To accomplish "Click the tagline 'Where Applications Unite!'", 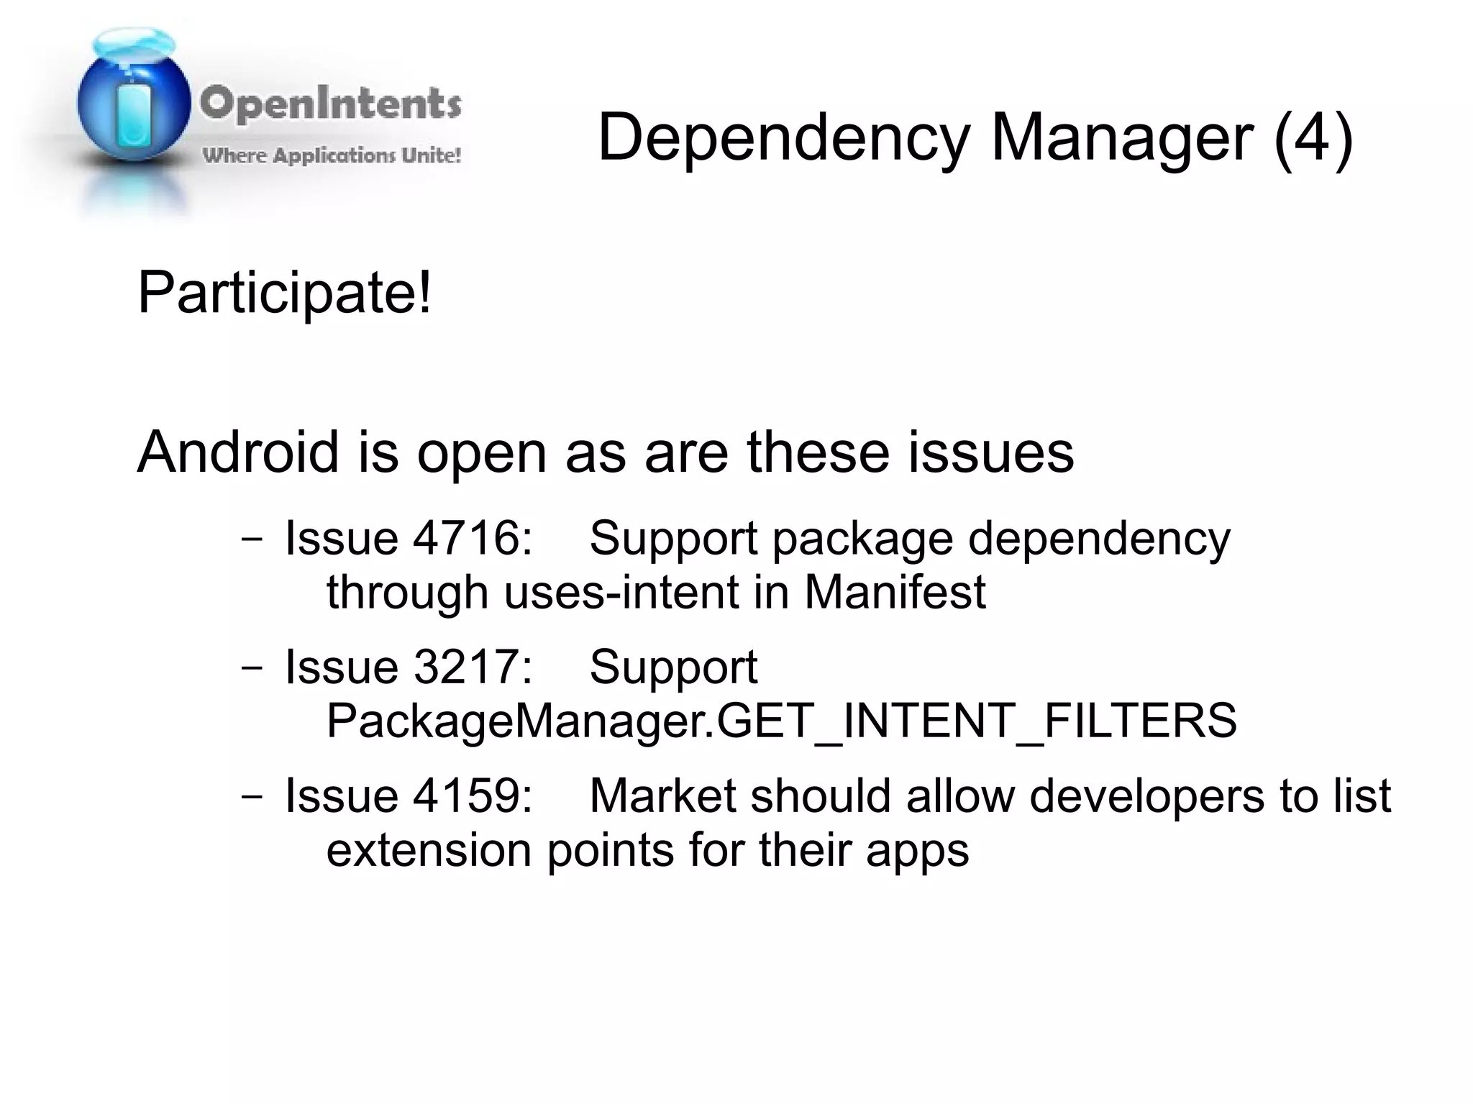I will click(x=332, y=155).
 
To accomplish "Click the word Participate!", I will click(x=285, y=293).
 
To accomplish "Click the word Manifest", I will click(x=894, y=592).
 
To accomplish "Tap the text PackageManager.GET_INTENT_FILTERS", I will click(x=781, y=720).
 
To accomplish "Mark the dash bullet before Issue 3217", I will click(x=252, y=667).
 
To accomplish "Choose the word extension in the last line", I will click(x=429, y=850).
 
